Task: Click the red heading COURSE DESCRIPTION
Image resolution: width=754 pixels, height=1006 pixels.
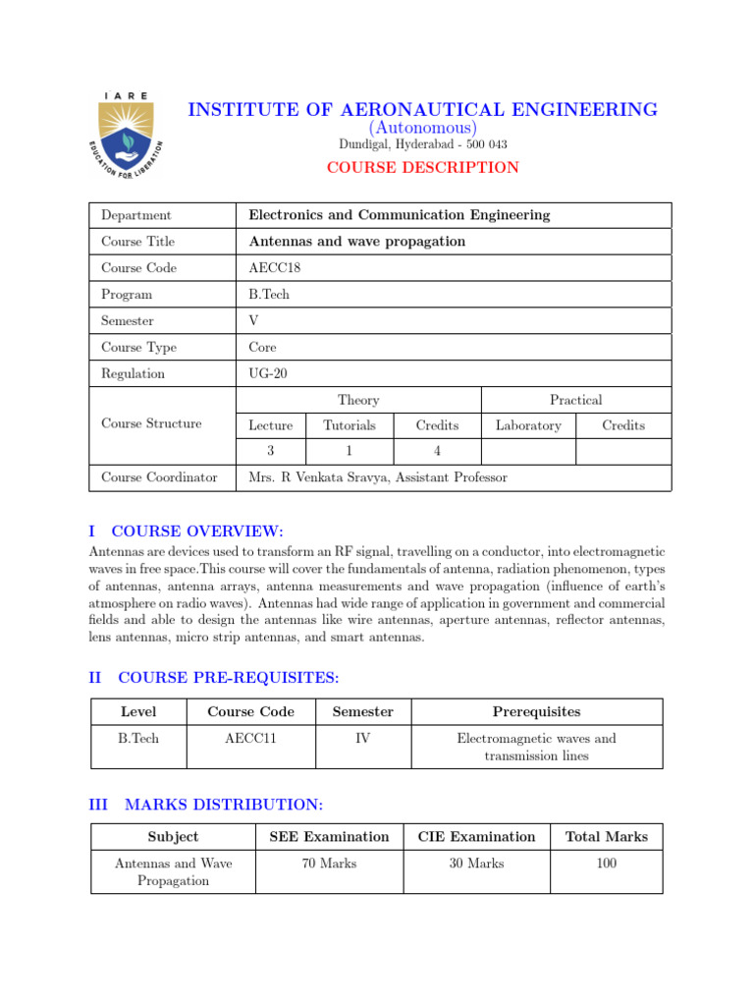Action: (x=422, y=168)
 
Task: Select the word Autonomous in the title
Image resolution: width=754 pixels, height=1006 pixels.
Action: (x=422, y=128)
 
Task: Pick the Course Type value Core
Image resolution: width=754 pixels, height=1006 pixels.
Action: (x=263, y=348)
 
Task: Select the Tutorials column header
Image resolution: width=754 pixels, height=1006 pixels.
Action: (x=350, y=425)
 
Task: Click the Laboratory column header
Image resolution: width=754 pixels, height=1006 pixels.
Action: (x=528, y=425)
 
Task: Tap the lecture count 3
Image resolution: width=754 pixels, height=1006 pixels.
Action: (x=271, y=452)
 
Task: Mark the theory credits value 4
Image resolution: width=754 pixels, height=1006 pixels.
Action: (x=437, y=452)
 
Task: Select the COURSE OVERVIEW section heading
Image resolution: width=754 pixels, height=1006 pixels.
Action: (x=197, y=531)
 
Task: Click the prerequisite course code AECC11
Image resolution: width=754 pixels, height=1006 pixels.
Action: (x=250, y=738)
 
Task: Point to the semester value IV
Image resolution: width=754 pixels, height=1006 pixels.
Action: (x=362, y=738)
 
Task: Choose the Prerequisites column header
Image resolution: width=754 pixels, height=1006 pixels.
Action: (x=536, y=711)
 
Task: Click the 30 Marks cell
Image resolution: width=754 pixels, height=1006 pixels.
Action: (x=476, y=864)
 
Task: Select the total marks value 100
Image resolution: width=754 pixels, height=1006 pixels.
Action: (x=606, y=864)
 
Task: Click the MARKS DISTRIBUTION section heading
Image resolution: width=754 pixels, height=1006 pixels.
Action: (x=224, y=805)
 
